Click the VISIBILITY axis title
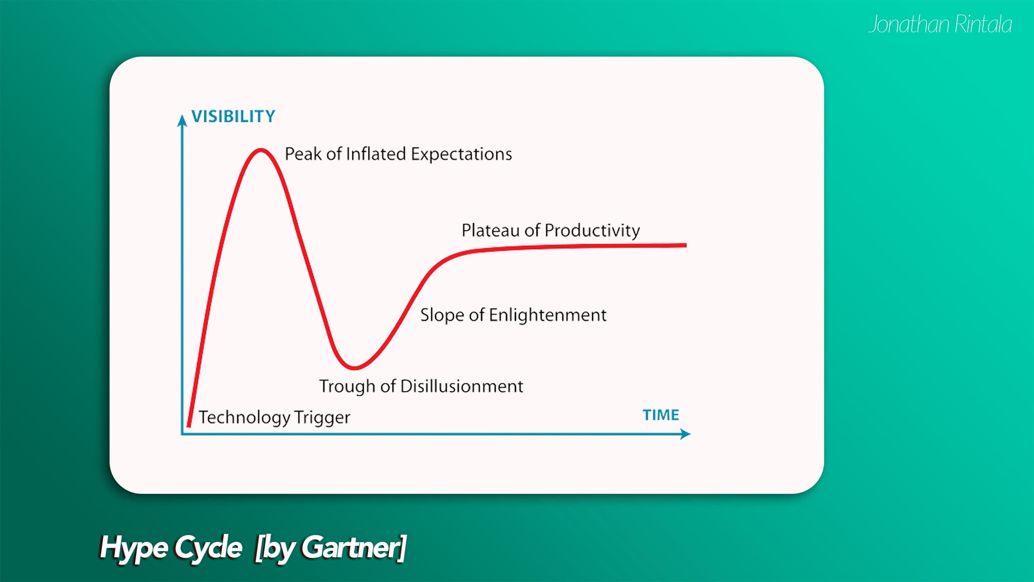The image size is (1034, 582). tap(233, 116)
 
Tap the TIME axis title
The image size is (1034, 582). tap(661, 415)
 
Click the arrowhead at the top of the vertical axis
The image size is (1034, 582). tap(182, 120)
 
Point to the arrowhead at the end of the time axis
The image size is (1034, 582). tap(686, 434)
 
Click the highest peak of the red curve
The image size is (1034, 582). tap(261, 150)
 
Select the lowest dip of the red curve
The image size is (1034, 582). tap(354, 367)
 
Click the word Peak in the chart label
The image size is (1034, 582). tap(303, 154)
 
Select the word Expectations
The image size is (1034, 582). tap(461, 154)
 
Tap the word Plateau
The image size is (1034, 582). tap(491, 230)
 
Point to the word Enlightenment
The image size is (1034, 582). tap(548, 315)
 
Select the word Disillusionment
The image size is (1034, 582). tap(462, 386)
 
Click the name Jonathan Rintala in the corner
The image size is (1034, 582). tap(940, 24)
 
